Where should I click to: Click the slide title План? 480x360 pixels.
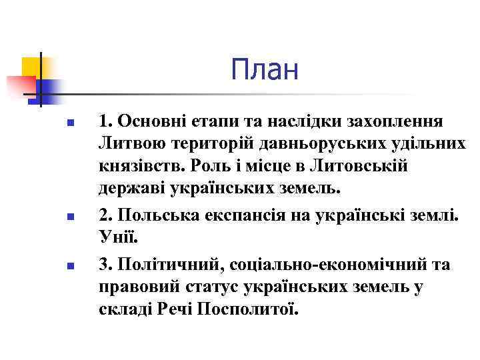point(265,70)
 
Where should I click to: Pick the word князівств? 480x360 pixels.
point(137,165)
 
